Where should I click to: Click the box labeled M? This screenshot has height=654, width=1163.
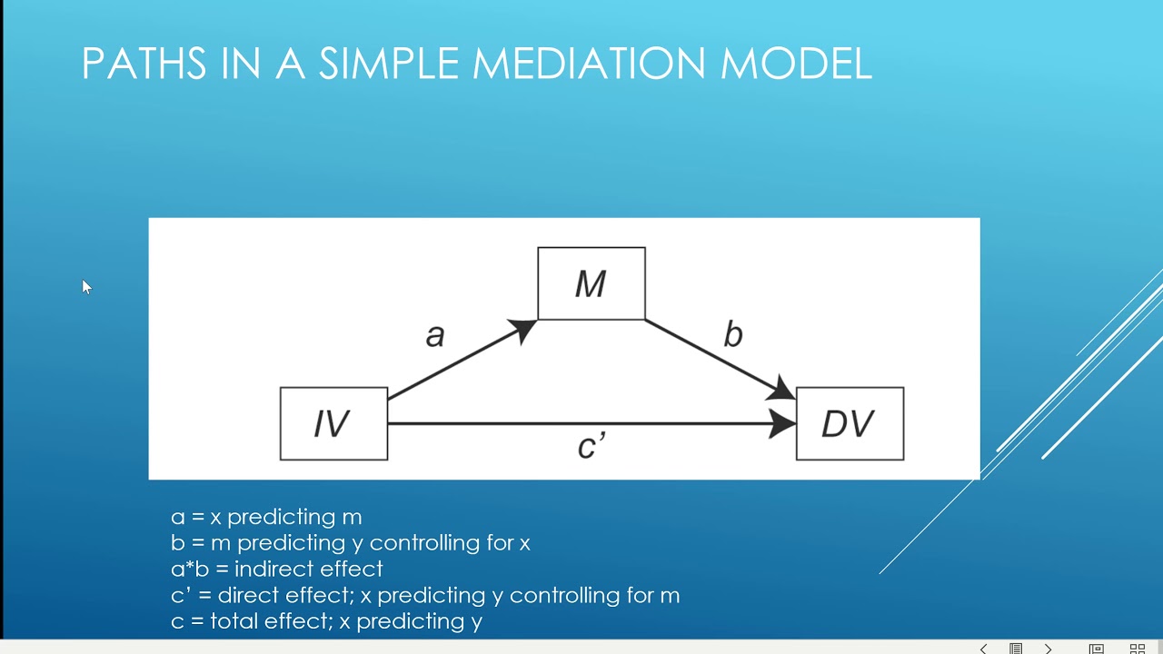click(x=591, y=283)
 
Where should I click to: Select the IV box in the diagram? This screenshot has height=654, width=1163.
click(x=333, y=423)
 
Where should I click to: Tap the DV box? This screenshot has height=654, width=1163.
click(x=850, y=423)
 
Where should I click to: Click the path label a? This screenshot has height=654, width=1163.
click(x=435, y=335)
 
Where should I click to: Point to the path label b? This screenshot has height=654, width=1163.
click(x=732, y=335)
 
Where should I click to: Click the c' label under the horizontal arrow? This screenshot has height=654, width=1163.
click(x=591, y=446)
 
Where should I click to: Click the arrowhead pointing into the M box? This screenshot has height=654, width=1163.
click(x=523, y=329)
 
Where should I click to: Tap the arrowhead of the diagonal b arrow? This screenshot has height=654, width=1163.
click(x=780, y=391)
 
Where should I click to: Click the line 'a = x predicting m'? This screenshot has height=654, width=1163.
click(x=266, y=517)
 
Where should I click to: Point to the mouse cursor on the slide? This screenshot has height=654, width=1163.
click(x=86, y=287)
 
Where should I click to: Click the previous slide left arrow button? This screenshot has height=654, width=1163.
click(x=983, y=649)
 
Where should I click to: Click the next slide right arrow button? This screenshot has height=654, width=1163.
click(x=1048, y=649)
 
